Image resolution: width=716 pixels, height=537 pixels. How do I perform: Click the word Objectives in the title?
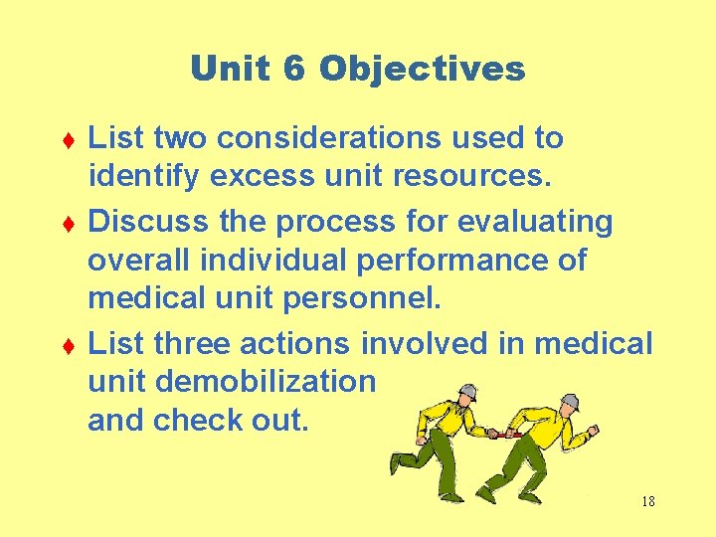pos(422,70)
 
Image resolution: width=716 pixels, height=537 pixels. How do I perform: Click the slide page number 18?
pos(647,501)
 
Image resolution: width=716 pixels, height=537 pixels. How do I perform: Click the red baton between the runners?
pos(502,434)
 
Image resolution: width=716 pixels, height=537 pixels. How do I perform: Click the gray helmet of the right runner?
pos(569,403)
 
